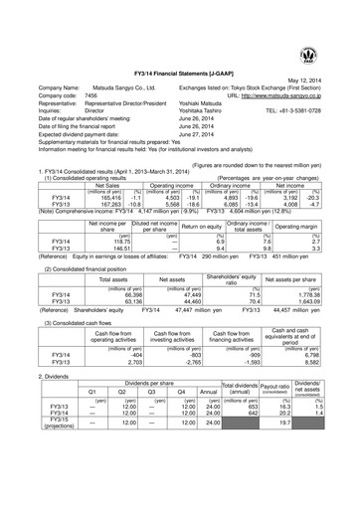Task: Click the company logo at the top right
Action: tap(331, 19)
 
